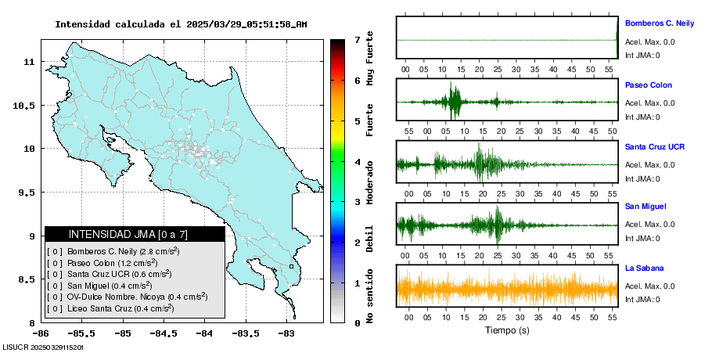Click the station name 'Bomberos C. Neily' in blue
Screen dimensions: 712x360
660,23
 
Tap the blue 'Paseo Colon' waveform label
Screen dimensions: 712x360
649,85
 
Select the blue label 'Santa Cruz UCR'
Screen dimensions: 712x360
655,146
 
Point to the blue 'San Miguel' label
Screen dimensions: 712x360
645,206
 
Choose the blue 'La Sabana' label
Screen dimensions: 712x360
645,268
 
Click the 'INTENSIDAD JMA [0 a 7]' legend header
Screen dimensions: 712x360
128,234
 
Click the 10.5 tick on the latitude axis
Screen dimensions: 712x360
24,106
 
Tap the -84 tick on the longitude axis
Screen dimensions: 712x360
204,333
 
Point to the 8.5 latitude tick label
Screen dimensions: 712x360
27,279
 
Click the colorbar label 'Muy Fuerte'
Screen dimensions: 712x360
370,58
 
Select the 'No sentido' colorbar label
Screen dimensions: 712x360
370,296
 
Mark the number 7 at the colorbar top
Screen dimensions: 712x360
358,40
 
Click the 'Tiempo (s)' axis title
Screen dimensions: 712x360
507,330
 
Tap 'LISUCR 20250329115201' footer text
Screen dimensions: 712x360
43,347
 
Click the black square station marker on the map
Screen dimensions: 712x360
291,267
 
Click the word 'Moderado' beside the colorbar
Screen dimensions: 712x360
370,182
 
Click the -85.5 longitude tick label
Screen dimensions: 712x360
81,333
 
